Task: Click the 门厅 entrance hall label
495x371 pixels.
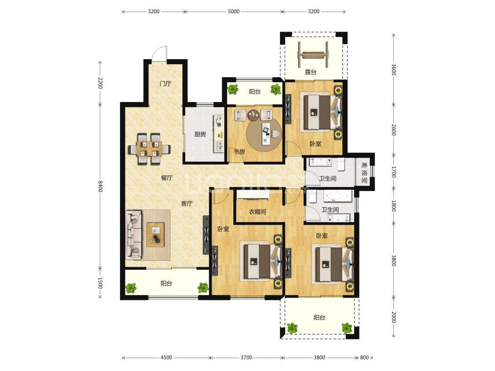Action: click(165, 84)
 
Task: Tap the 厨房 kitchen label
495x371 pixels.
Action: click(200, 135)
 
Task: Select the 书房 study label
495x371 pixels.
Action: click(239, 152)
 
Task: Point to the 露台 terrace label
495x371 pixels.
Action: click(311, 72)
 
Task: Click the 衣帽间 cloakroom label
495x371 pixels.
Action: click(257, 212)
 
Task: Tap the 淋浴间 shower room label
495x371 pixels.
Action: click(364, 173)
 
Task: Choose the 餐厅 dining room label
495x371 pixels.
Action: click(167, 178)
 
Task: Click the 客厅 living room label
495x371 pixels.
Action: click(187, 204)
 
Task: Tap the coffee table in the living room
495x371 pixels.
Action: click(155, 235)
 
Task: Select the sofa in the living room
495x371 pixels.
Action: click(133, 235)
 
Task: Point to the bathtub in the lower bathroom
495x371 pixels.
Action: click(337, 196)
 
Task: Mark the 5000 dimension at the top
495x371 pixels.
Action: click(234, 11)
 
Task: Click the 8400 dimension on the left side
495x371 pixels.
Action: click(100, 186)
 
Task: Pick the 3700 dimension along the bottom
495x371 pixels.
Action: click(246, 357)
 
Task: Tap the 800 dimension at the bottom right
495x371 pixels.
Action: click(364, 357)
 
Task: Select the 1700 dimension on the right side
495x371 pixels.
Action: click(394, 172)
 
